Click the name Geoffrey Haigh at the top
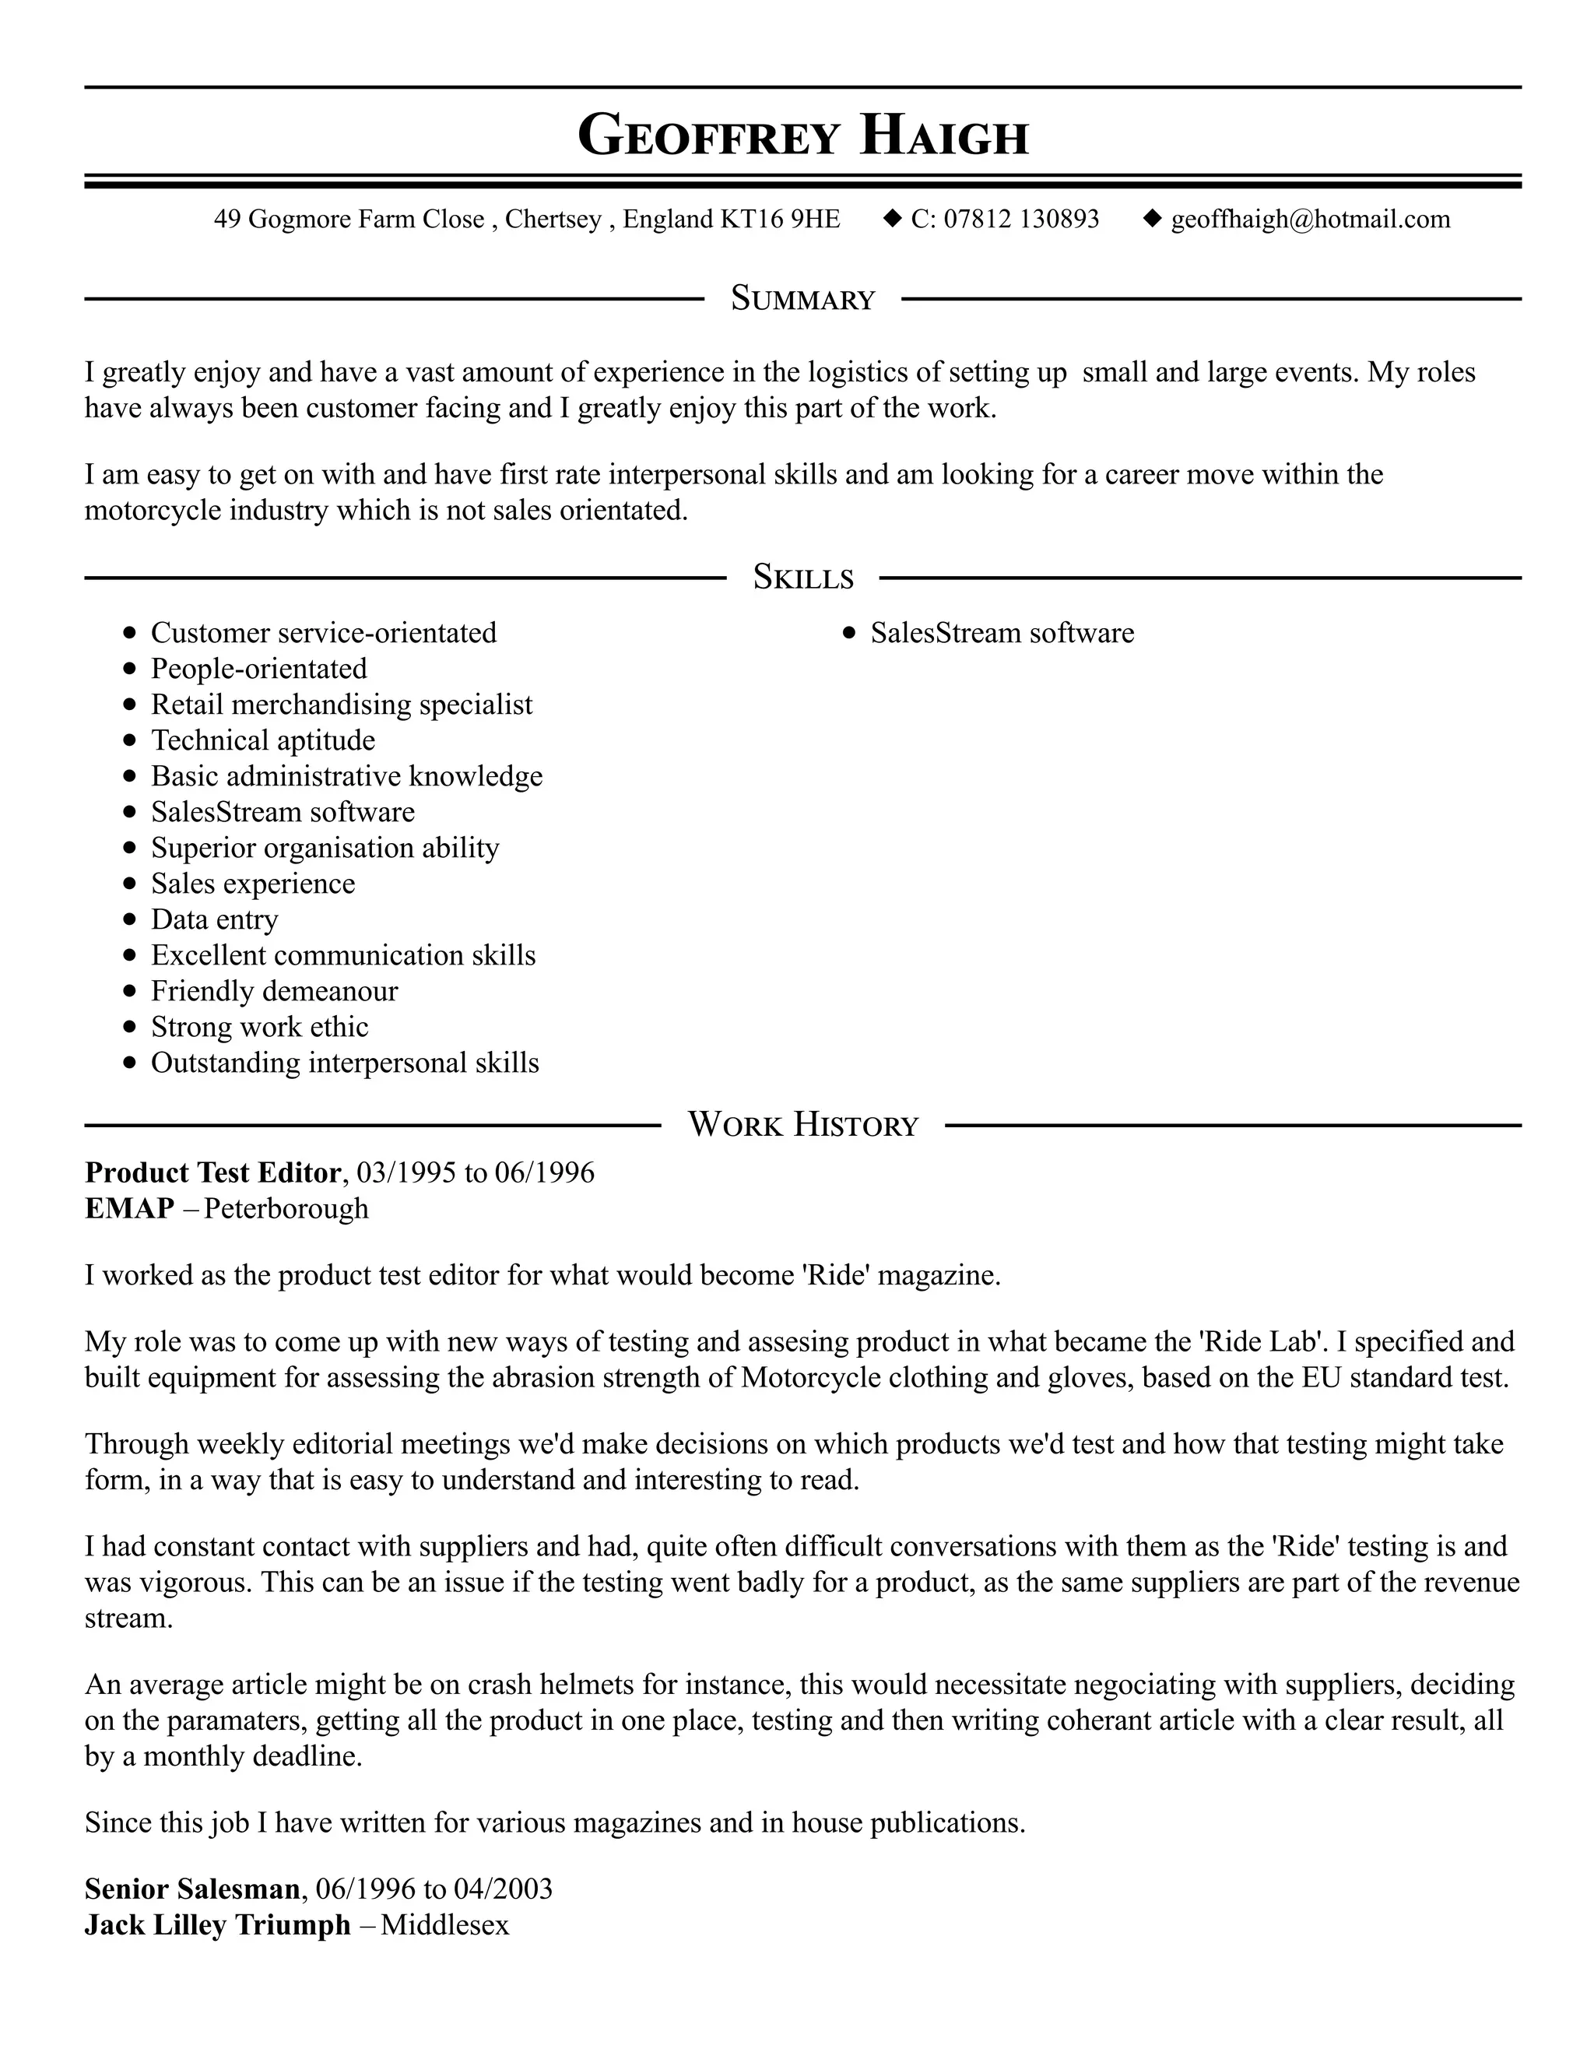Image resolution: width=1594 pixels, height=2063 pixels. [x=802, y=135]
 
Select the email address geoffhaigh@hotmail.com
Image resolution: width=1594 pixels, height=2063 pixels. [x=1310, y=220]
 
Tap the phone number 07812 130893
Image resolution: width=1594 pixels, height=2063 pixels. [x=1021, y=220]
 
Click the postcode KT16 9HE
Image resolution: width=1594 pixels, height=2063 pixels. [x=780, y=220]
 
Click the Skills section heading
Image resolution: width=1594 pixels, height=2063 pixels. [x=802, y=577]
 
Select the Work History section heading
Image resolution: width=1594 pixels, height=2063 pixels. [x=802, y=1125]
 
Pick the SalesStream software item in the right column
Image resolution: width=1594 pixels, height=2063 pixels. [x=1002, y=633]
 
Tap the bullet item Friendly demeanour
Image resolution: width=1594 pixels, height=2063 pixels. [x=274, y=991]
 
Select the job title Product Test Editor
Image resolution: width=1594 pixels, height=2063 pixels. [x=212, y=1172]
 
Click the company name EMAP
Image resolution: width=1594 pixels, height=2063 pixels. [x=129, y=1208]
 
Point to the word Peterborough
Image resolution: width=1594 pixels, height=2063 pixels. [x=286, y=1208]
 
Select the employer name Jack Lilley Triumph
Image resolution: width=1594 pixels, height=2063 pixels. [x=217, y=1924]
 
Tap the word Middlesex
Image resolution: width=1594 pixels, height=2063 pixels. [x=444, y=1924]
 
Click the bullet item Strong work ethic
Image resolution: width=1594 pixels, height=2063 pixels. [x=260, y=1027]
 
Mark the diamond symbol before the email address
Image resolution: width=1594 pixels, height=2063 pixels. [x=1151, y=218]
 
